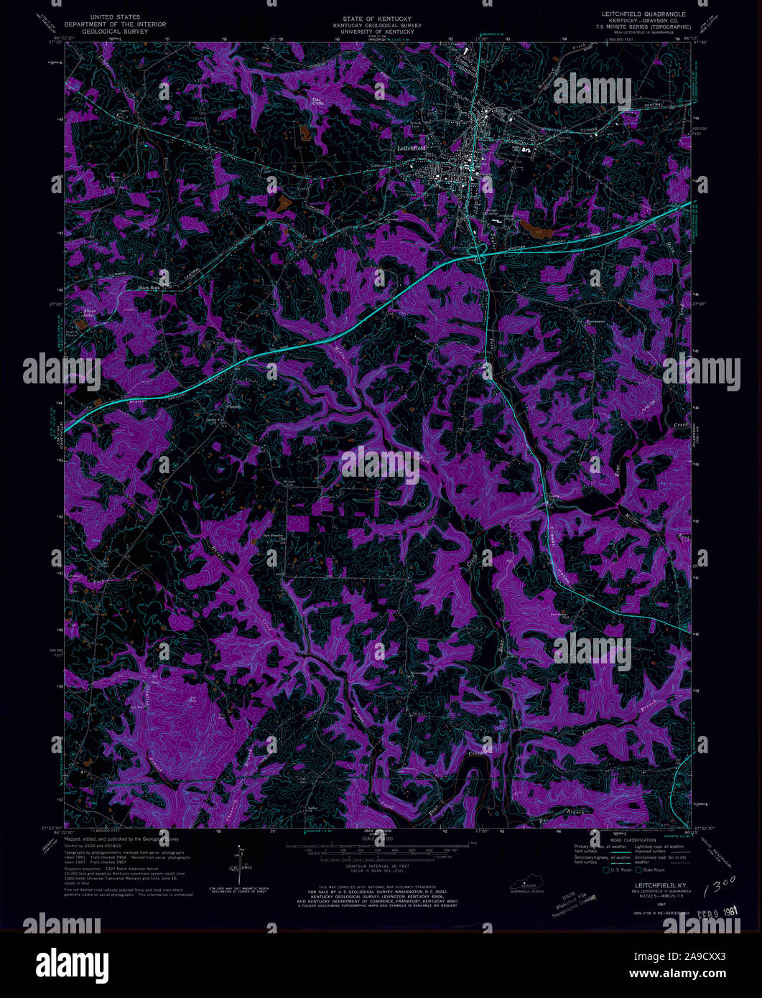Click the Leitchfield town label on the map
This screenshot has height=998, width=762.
pyautogui.click(x=411, y=148)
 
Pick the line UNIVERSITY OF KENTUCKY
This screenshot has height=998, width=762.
pyautogui.click(x=381, y=32)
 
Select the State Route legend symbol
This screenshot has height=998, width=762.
pyautogui.click(x=641, y=870)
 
